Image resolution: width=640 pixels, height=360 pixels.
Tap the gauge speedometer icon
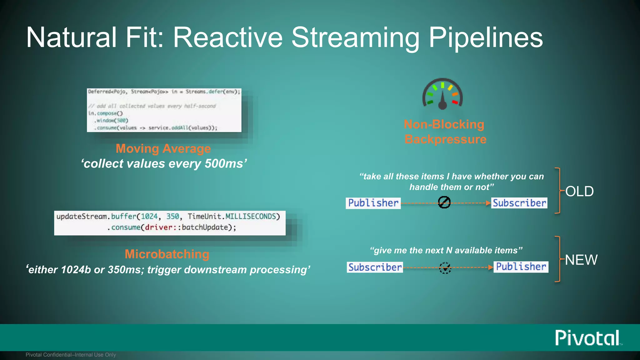442,94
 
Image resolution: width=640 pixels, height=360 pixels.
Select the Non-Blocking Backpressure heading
445,132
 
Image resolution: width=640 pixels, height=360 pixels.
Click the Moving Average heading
163,148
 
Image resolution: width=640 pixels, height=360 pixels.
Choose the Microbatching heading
167,254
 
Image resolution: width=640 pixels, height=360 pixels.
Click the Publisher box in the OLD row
373,203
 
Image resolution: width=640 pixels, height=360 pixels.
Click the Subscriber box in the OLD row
519,203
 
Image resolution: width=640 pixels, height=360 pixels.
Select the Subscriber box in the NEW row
375,267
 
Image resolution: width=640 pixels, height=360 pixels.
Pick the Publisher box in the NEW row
521,267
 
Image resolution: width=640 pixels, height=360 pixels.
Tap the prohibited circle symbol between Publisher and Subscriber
444,202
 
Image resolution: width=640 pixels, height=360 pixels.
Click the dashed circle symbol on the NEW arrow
445,268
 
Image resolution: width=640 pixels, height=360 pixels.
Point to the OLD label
579,191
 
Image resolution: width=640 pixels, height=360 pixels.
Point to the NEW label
581,260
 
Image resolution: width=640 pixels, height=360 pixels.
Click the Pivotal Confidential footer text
71,355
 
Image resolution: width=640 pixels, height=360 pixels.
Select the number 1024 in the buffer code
149,217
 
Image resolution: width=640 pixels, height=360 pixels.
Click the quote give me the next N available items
446,250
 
